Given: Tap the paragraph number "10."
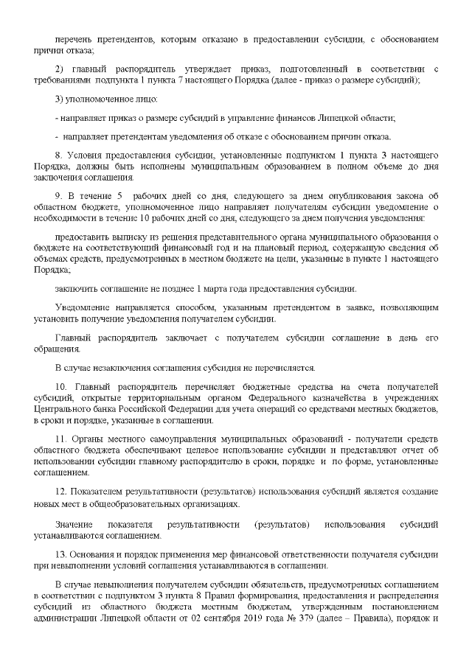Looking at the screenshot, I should click(62, 388).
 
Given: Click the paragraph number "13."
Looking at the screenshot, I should click(62, 554).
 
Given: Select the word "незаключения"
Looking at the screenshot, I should click(111, 367).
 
